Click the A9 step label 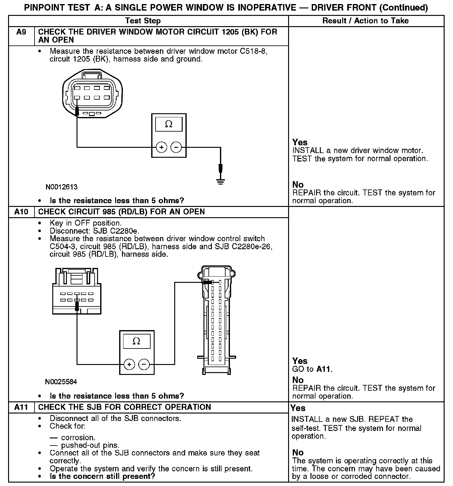click(21, 32)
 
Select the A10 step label click(21, 212)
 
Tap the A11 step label click(21, 407)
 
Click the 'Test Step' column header click(143, 21)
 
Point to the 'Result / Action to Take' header click(366, 21)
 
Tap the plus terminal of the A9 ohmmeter click(161, 147)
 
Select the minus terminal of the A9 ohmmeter click(176, 147)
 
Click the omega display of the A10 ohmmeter click(136, 341)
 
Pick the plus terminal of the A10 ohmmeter click(129, 364)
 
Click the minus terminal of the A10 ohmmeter click(144, 364)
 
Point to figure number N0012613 click(61, 187)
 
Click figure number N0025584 click(61, 382)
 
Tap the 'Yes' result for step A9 click(300, 143)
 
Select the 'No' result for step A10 click(298, 380)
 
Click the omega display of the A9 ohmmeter click(169, 124)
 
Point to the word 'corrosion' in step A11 click(78, 437)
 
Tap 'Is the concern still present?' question click(102, 476)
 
